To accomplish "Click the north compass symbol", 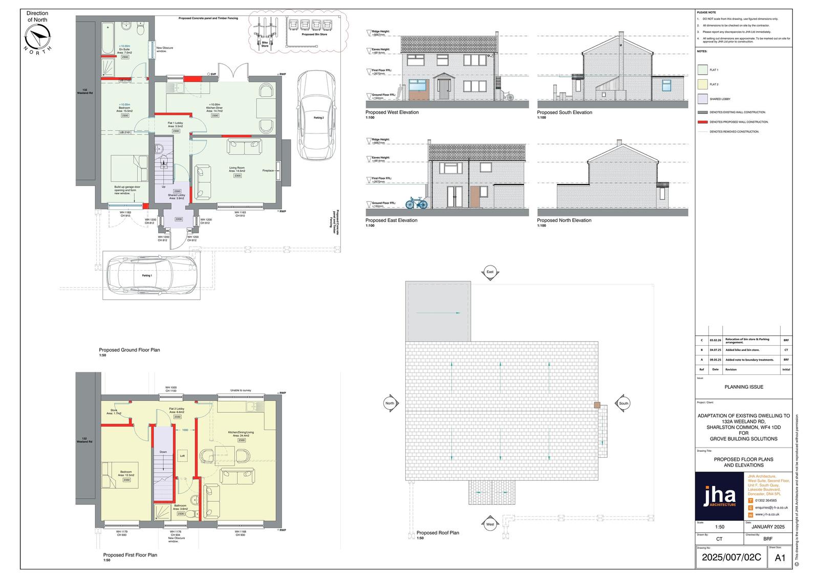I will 38,37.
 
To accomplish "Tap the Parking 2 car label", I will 318,118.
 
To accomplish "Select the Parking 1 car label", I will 147,275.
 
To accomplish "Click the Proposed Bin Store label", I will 315,34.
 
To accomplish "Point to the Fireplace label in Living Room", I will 268,170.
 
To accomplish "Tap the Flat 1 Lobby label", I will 176,123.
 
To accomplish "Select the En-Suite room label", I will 125,50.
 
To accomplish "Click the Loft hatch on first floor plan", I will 182,455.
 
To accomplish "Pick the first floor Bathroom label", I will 180,506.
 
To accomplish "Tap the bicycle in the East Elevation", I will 416,203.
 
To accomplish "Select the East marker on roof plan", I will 490,272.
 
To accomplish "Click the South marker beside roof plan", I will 623,403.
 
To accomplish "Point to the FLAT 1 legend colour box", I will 702,70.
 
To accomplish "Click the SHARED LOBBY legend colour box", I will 702,99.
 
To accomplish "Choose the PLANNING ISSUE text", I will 743,387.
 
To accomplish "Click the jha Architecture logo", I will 719,496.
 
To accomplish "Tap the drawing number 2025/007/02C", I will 731,558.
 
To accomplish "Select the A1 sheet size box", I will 780,558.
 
